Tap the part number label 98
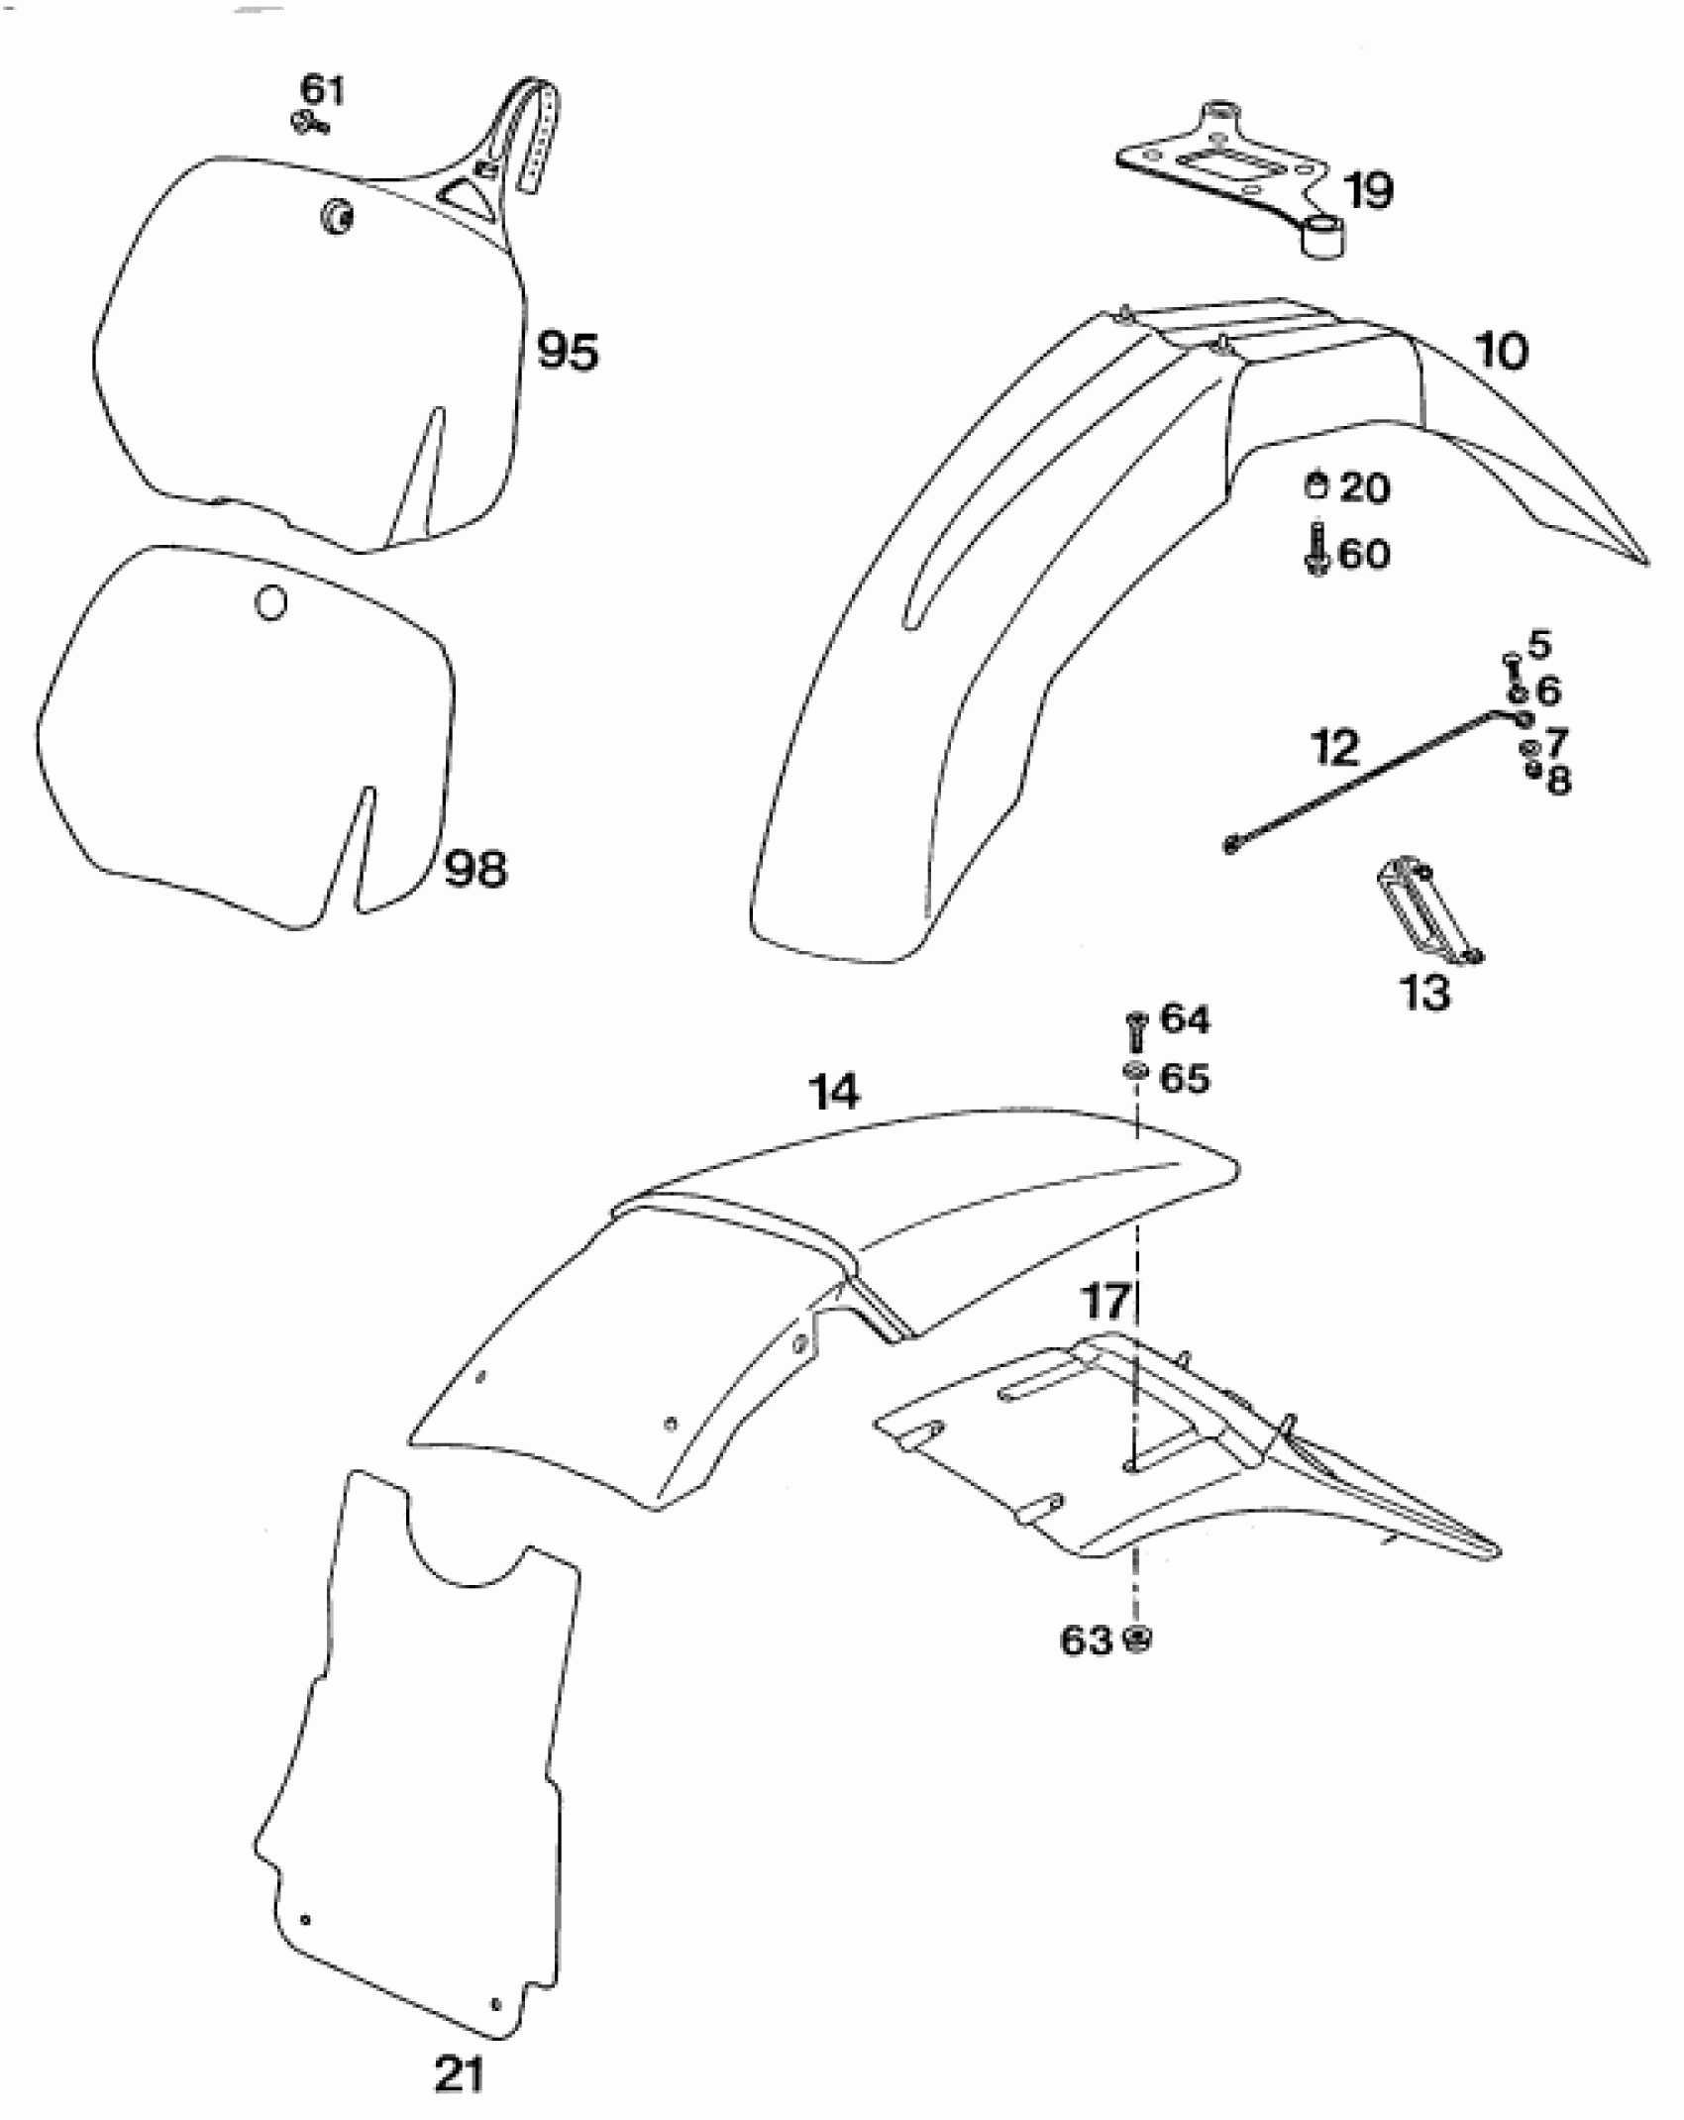474,869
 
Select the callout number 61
322,90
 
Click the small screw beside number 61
308,123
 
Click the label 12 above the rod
1334,748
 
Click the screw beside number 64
1135,1030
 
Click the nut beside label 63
1138,1640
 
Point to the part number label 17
1106,1302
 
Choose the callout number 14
834,1092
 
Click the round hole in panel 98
270,601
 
